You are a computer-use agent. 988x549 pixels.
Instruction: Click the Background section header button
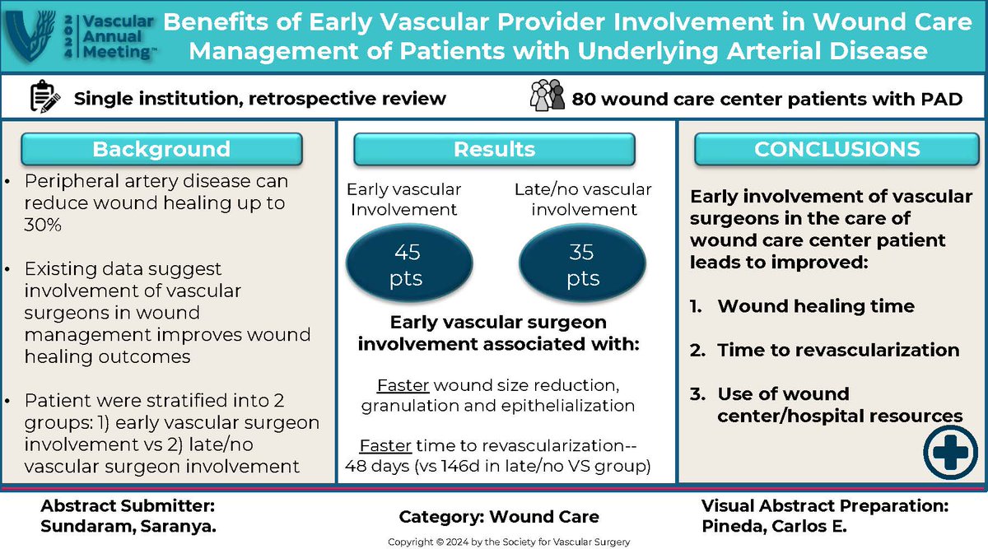coord(161,149)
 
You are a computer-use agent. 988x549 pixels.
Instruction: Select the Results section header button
coord(494,149)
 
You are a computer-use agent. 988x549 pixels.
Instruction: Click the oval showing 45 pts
coord(404,266)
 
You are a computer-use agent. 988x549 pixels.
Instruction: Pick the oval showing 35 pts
coord(582,266)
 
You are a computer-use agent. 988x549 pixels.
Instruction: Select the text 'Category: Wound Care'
coord(499,517)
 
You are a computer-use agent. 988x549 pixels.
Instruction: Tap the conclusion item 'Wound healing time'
coord(815,306)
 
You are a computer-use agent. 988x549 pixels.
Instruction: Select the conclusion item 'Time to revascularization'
coord(837,350)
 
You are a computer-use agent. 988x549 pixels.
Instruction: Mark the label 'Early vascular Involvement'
coord(403,199)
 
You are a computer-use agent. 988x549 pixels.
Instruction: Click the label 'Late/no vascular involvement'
coord(582,199)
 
